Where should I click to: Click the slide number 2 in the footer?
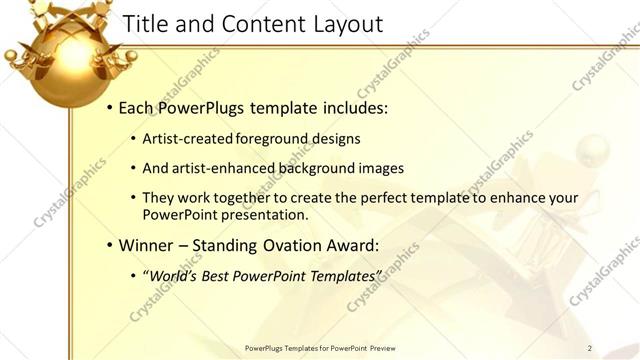(590, 348)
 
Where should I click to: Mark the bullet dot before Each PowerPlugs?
(110, 108)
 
